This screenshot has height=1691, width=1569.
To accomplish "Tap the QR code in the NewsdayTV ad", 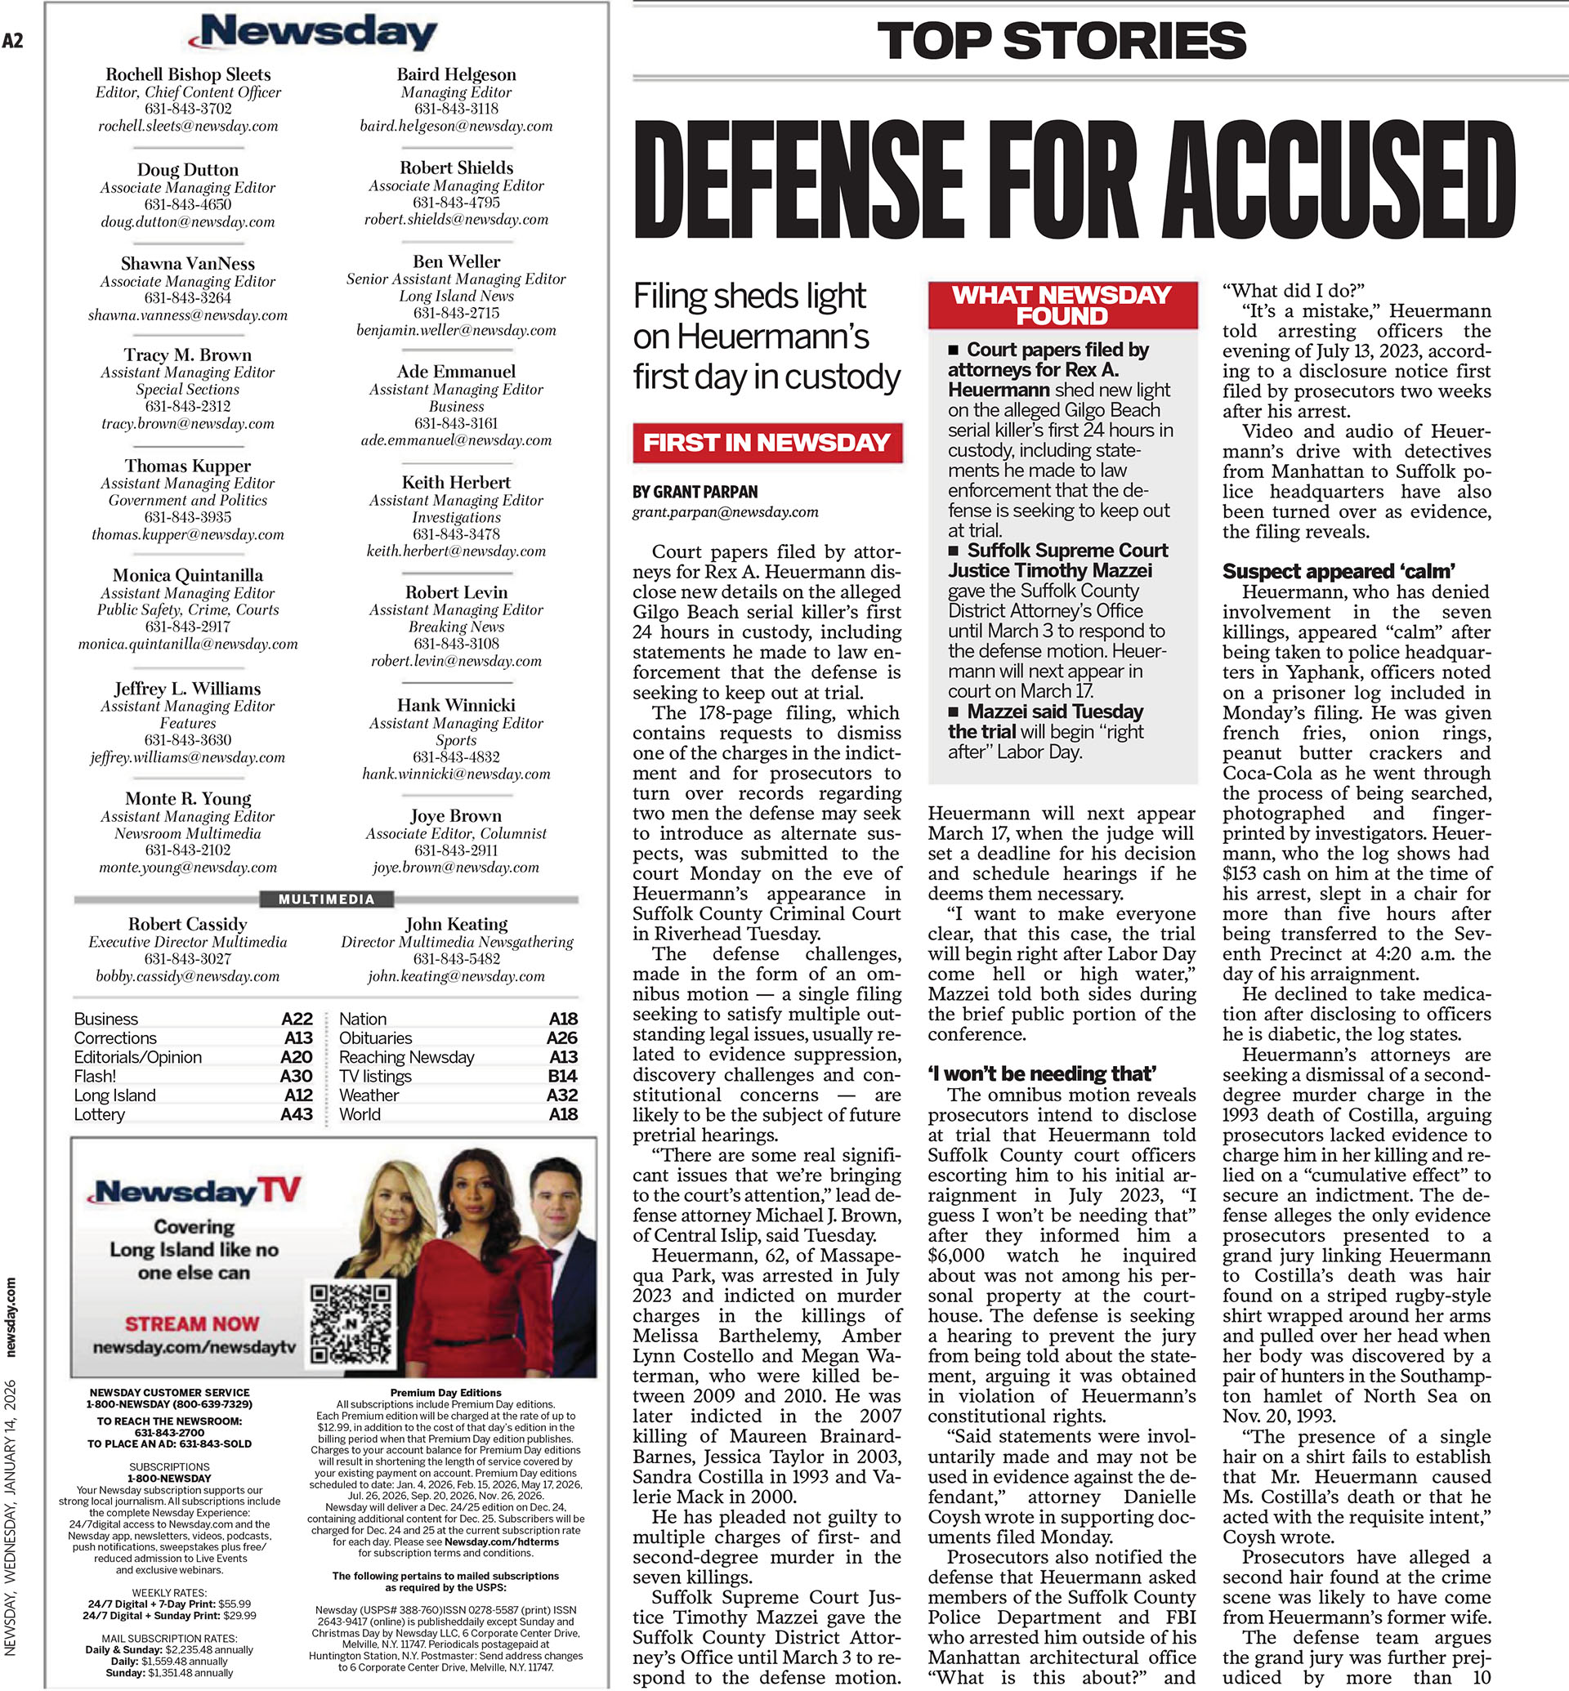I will (350, 1323).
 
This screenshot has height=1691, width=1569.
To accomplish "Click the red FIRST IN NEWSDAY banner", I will (766, 442).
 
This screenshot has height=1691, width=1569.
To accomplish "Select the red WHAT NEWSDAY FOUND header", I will (1062, 305).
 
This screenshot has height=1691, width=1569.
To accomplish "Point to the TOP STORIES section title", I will (1062, 41).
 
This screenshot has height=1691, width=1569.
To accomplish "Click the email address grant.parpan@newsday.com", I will (725, 512).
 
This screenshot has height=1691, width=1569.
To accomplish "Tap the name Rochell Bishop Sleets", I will (188, 74).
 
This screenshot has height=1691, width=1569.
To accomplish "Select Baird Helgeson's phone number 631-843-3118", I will (456, 109).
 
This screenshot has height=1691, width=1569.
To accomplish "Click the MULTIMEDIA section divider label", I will (326, 899).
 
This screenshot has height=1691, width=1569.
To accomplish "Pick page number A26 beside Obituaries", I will (561, 1037).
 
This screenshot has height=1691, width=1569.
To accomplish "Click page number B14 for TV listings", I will (561, 1076).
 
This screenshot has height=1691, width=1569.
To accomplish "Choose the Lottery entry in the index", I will (100, 1113).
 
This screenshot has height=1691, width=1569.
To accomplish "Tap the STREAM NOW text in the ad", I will (192, 1323).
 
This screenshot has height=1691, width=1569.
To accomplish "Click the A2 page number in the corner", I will (13, 40).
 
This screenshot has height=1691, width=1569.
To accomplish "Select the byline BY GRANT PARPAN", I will (695, 492).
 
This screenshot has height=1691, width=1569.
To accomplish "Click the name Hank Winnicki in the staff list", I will (456, 706).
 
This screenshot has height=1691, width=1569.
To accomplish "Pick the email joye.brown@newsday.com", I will (456, 868).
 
